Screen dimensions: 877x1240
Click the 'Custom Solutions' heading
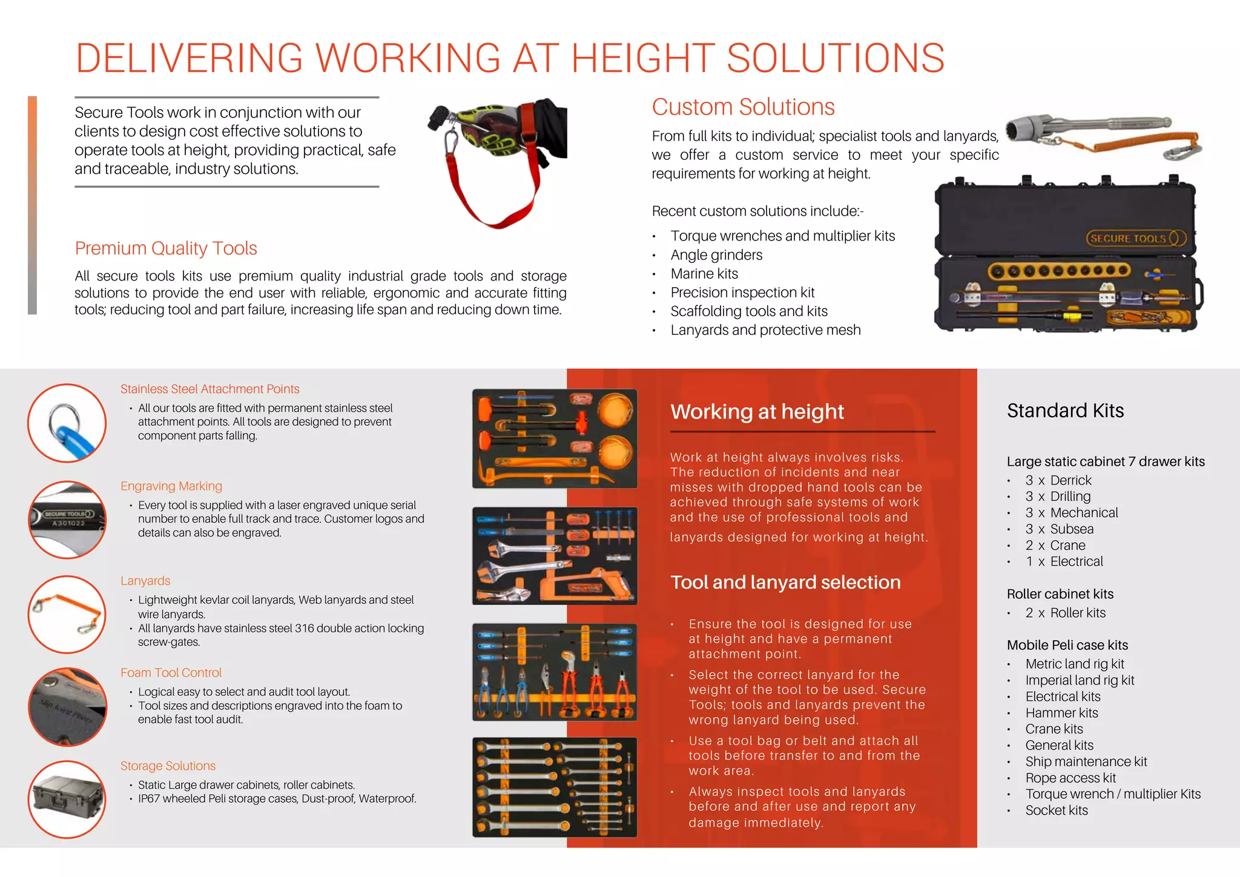click(743, 107)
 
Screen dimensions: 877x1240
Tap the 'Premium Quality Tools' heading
click(166, 248)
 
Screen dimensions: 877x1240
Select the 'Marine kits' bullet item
click(704, 274)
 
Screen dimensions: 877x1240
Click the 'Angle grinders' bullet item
click(716, 255)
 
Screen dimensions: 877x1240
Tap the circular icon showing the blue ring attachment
click(67, 423)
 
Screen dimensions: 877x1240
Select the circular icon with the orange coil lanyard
click(67, 614)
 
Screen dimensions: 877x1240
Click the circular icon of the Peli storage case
click(67, 799)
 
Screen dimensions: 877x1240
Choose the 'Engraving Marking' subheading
click(171, 486)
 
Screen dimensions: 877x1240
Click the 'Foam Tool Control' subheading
click(171, 673)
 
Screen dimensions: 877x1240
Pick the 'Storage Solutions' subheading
click(168, 766)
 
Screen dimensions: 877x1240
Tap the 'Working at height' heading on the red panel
click(757, 412)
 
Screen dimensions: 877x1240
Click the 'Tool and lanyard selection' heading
click(785, 583)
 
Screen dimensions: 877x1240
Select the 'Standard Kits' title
click(1065, 411)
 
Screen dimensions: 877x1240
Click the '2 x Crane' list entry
click(1055, 546)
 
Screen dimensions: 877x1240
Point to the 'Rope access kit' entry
click(1070, 778)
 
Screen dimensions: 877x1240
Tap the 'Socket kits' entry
click(1057, 811)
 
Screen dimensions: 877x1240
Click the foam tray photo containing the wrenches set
click(554, 787)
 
